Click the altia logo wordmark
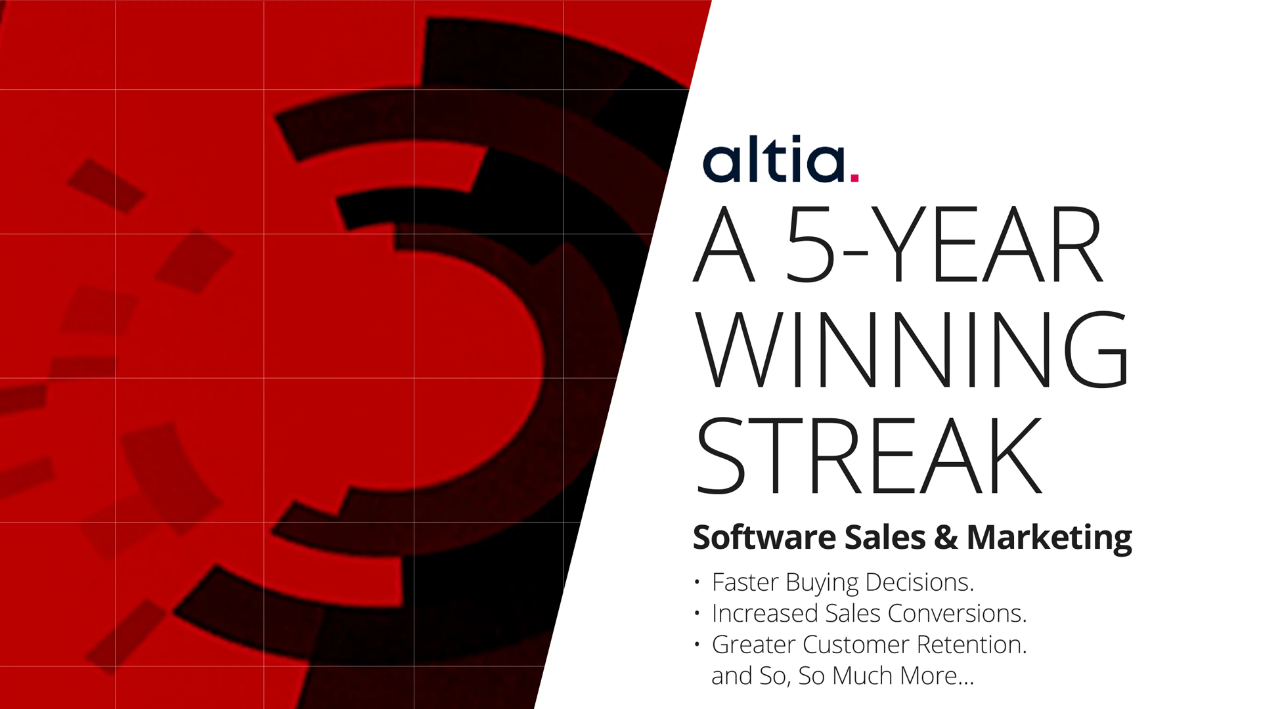780,159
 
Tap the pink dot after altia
854,177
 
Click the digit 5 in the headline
810,244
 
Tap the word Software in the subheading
764,537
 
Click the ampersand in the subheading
946,537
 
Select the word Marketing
1050,538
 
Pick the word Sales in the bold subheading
885,537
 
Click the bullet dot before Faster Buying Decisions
697,582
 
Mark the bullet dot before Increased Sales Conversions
697,613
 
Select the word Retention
972,645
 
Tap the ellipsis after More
966,683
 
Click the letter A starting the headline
724,244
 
